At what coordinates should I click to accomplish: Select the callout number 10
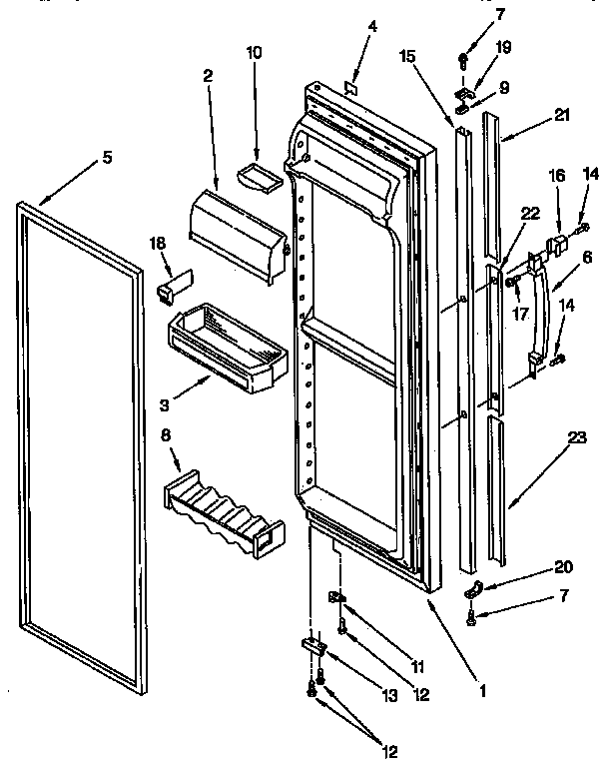coord(254,52)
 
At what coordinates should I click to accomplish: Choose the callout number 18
coord(156,243)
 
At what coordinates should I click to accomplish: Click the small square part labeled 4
coord(349,89)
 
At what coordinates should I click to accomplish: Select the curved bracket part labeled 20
coord(477,588)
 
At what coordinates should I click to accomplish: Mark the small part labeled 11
coord(337,597)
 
